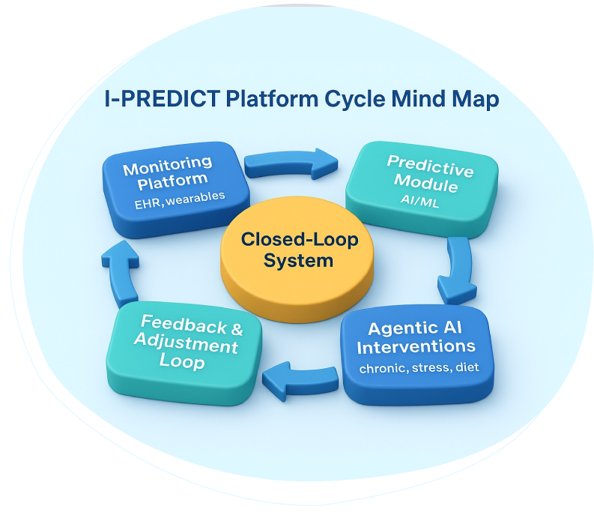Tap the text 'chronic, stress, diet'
click(417, 368)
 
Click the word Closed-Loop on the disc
click(300, 241)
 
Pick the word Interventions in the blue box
click(416, 347)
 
